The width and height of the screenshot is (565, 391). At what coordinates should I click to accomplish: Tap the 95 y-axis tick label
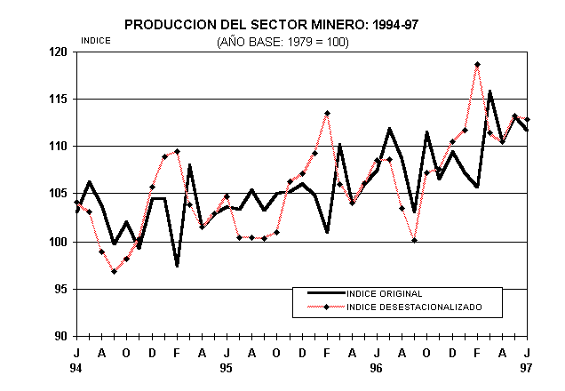click(x=60, y=289)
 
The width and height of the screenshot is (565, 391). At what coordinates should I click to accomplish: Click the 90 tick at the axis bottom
click(x=60, y=336)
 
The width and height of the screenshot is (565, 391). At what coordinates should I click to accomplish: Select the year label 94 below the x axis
click(x=76, y=367)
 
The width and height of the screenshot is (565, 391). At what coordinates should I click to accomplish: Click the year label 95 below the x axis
click(x=227, y=367)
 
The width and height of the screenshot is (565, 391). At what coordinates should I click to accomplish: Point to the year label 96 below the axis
click(x=377, y=367)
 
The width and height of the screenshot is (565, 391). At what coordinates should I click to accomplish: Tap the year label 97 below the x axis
click(x=527, y=367)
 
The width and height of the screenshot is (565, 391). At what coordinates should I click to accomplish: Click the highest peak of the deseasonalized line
click(x=477, y=65)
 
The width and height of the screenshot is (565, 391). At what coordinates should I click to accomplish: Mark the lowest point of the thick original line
click(x=177, y=266)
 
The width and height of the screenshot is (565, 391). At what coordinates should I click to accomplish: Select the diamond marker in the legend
click(x=327, y=307)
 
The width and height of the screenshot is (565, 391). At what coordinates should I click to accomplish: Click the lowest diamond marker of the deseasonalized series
click(x=115, y=271)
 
